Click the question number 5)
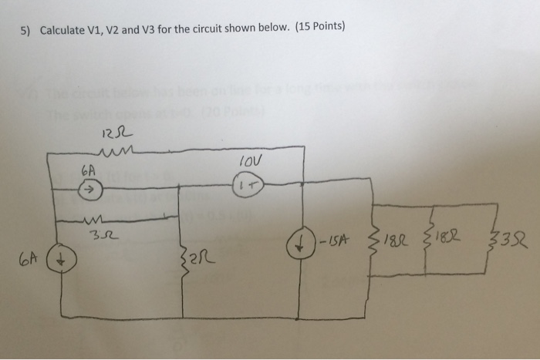click(25, 30)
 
